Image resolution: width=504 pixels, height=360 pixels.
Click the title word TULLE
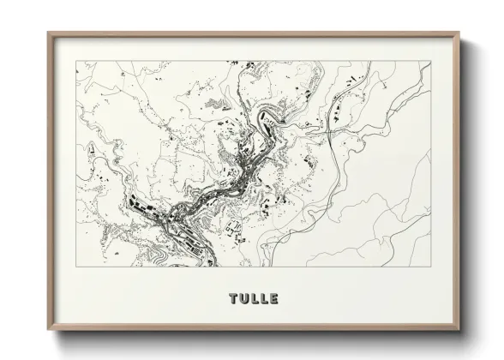point(254,299)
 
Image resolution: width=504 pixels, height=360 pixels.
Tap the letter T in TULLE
point(234,299)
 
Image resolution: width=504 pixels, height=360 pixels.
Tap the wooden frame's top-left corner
point(48,33)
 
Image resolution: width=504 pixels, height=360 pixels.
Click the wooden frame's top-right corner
point(461,33)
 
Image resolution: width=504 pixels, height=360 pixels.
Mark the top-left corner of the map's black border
point(76,61)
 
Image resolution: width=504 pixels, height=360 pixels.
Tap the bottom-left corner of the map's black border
point(76,267)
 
